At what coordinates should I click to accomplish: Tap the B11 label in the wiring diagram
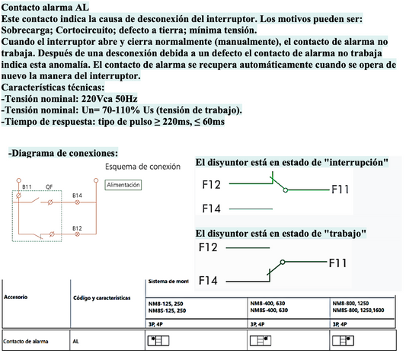[x=27, y=186]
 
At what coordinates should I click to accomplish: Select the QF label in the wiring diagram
[x=50, y=186]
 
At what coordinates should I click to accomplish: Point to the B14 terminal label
[x=77, y=196]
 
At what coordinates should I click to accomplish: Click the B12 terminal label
[x=77, y=228]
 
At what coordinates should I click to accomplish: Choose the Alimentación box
[x=124, y=185]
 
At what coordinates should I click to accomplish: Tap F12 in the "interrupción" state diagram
[x=213, y=183]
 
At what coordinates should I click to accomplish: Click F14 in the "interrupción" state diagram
[x=213, y=208]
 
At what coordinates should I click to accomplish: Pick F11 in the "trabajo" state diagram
[x=339, y=264]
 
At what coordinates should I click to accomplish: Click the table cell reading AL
[x=76, y=341]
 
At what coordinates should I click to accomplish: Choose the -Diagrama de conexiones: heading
[x=63, y=152]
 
